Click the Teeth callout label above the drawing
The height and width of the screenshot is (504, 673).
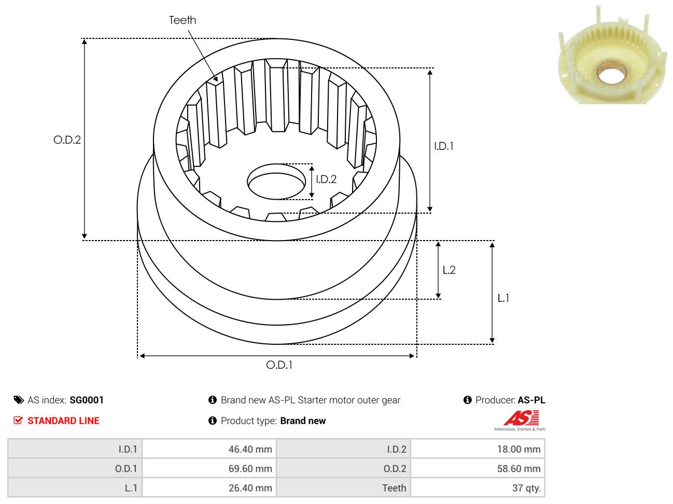(182, 20)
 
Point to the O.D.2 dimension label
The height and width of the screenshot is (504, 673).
(67, 140)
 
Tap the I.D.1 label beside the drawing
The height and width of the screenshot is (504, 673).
(443, 146)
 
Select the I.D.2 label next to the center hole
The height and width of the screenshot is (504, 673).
(326, 179)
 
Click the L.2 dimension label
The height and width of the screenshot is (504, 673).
(449, 270)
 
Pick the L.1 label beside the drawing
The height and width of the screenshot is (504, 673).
(503, 298)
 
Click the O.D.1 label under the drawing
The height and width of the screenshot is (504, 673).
(279, 365)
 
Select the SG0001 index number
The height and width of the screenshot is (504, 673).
(87, 400)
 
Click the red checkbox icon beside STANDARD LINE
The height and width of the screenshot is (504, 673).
(18, 421)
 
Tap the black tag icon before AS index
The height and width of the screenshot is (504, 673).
(19, 400)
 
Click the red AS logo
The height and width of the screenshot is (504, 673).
(521, 418)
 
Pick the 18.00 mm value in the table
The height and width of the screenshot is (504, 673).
(519, 450)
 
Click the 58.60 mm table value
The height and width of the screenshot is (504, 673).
(519, 469)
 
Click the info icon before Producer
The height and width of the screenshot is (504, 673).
(467, 400)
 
